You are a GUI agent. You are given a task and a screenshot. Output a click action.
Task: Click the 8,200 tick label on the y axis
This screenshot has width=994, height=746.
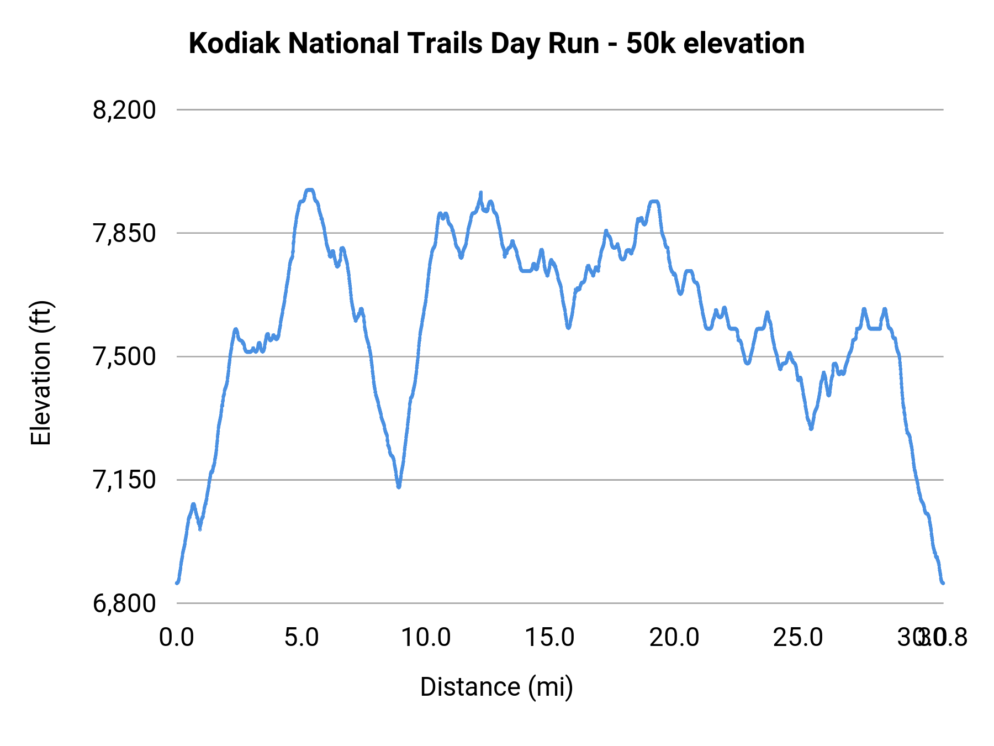click(x=124, y=111)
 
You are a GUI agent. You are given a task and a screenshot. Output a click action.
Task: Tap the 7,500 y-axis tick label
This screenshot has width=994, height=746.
click(x=124, y=357)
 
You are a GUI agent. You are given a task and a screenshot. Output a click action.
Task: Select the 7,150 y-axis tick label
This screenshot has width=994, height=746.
click(x=124, y=480)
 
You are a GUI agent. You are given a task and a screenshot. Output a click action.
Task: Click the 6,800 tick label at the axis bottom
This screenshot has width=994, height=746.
click(x=124, y=603)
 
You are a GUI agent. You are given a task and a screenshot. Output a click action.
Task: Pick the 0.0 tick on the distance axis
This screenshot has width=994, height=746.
click(x=177, y=638)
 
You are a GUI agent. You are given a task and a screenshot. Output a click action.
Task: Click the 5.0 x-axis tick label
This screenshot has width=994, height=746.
click(x=302, y=638)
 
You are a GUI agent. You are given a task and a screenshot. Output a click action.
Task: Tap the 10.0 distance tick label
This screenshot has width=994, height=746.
click(x=426, y=638)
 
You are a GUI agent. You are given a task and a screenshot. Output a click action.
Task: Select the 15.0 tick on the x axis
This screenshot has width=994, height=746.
click(x=550, y=638)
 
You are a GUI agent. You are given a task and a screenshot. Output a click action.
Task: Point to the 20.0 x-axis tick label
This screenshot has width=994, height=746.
click(x=674, y=638)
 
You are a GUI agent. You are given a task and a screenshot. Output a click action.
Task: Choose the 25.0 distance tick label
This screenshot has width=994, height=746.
click(x=799, y=638)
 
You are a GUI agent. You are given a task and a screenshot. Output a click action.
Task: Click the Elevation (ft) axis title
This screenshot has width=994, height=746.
click(x=41, y=373)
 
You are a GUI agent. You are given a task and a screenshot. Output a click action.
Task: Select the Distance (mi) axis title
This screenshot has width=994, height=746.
click(x=496, y=687)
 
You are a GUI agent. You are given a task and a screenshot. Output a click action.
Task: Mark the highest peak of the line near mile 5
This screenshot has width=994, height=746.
click(x=309, y=190)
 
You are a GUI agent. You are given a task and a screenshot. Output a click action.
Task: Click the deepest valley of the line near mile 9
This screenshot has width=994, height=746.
click(x=399, y=487)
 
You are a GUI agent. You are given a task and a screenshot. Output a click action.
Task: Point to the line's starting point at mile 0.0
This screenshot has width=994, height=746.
click(x=177, y=582)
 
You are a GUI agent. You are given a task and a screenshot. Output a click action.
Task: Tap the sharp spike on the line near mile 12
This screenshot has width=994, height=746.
click(x=480, y=193)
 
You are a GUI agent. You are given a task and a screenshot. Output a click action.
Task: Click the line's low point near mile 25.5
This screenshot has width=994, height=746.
click(x=811, y=428)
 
